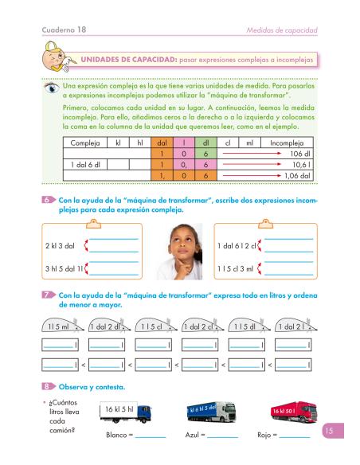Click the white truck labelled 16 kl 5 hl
(123, 412)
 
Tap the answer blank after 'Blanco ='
(150, 436)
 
